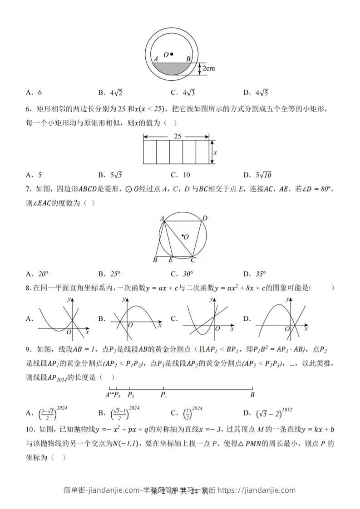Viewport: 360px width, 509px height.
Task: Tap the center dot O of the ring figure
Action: pyautogui.click(x=172, y=54)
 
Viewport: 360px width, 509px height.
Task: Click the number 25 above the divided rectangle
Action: pyautogui.click(x=177, y=136)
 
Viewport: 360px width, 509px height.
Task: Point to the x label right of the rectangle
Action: pyautogui.click(x=215, y=152)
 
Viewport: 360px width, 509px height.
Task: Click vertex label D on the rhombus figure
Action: pyautogui.click(x=205, y=219)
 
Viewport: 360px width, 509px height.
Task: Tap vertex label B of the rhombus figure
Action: pyautogui.click(x=155, y=260)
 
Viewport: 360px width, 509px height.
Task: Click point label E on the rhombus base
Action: pyautogui.click(x=170, y=260)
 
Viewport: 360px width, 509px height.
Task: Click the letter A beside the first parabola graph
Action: pyautogui.click(x=29, y=319)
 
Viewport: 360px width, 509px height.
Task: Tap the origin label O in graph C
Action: pyautogui.click(x=217, y=328)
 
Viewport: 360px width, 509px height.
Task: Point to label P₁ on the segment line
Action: pyautogui.click(x=163, y=395)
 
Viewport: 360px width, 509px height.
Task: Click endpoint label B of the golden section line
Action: pyautogui.click(x=252, y=395)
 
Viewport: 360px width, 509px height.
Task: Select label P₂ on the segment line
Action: pyautogui.click(x=131, y=395)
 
